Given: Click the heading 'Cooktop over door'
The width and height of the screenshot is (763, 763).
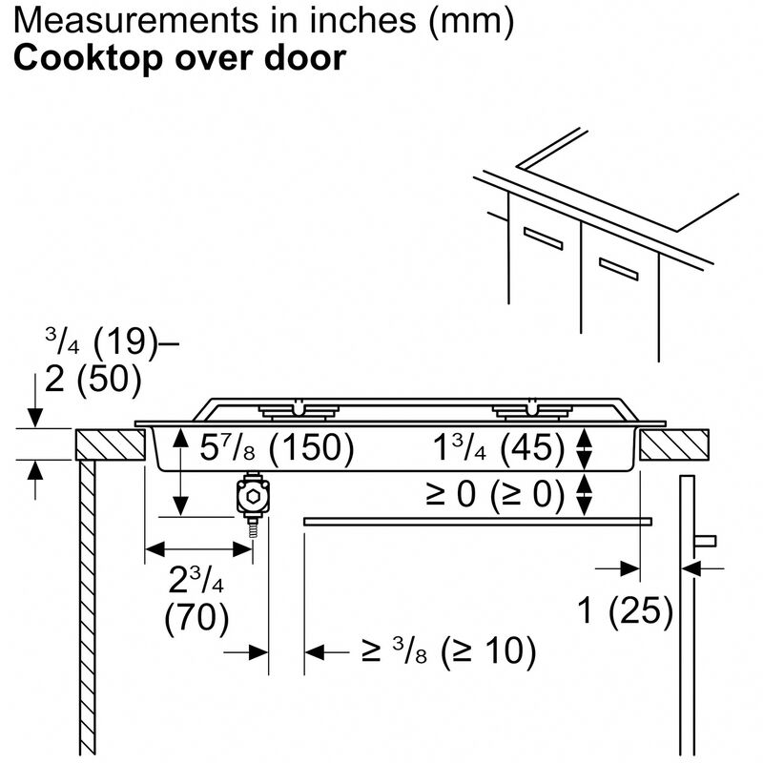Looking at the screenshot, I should tap(178, 57).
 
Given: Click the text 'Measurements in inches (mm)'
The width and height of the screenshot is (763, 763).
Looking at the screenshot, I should tap(262, 21).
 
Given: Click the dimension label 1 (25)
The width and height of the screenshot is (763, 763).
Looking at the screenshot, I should tap(626, 611).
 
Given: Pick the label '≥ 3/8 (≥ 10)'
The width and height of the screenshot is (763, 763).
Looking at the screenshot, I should tap(448, 652).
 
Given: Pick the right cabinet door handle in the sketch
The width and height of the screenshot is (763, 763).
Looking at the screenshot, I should tap(618, 266).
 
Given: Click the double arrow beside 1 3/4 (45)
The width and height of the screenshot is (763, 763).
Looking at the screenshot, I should tap(586, 448).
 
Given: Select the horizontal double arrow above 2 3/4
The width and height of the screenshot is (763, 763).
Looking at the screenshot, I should tap(197, 549).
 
